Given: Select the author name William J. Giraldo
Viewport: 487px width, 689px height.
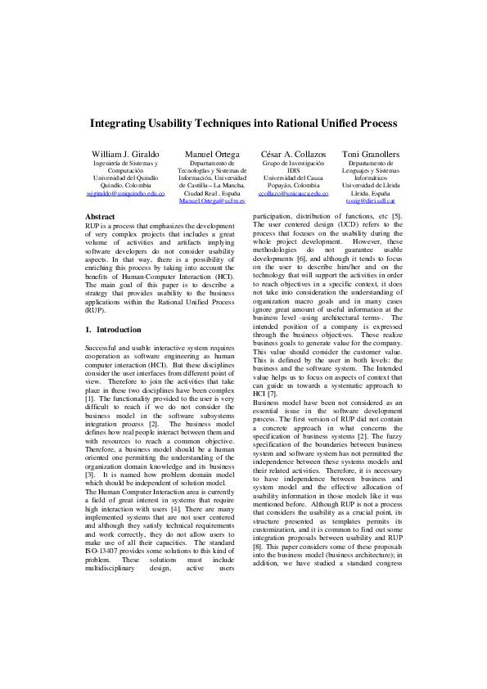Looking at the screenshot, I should click(x=125, y=154).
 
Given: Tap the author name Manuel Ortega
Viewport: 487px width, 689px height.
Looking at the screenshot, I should click(x=212, y=154).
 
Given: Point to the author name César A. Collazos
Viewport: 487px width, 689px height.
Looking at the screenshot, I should click(x=293, y=154).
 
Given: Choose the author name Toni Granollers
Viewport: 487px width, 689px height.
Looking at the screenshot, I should click(x=371, y=154).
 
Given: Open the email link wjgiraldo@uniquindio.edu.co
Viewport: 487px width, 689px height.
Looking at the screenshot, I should click(x=125, y=193).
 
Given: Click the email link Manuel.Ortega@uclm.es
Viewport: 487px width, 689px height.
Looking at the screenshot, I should click(x=212, y=200).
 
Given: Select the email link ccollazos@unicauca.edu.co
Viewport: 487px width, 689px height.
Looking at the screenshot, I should click(x=293, y=193).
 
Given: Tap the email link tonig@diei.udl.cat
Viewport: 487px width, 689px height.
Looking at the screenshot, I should click(x=371, y=200).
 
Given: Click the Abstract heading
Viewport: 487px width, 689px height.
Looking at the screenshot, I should click(x=100, y=217).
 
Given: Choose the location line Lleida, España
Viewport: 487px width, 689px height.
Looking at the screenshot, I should click(x=371, y=192).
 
